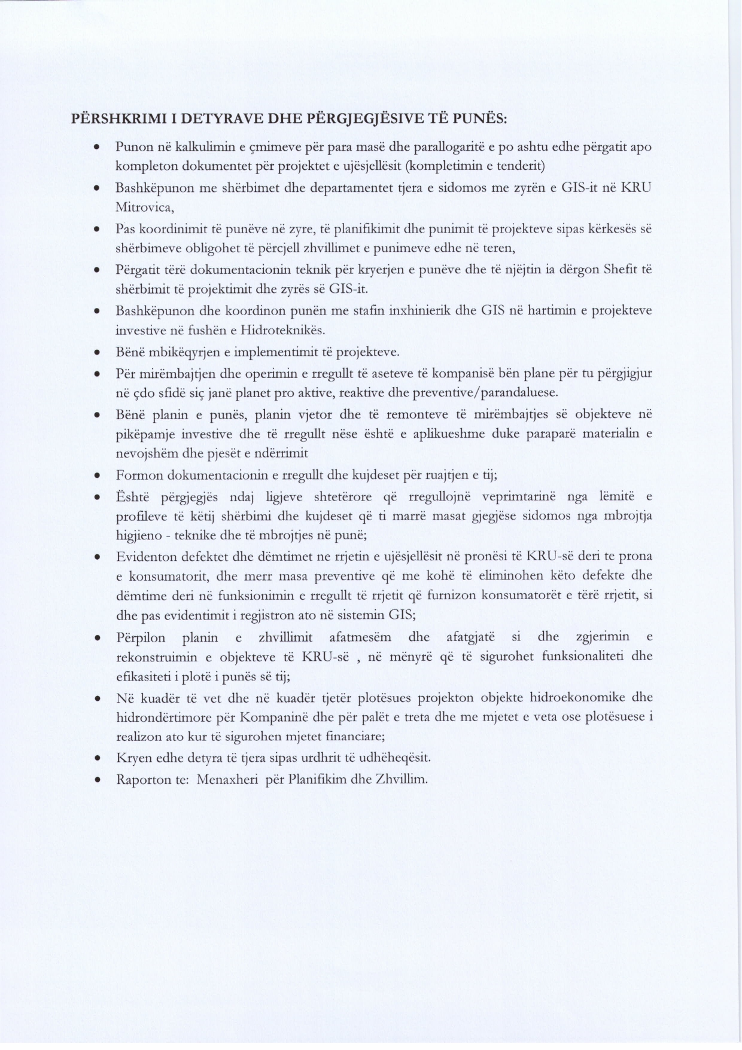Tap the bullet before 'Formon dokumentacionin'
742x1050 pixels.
click(x=96, y=476)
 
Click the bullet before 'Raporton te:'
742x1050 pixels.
click(x=96, y=780)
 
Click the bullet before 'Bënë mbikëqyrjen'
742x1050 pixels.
click(x=96, y=352)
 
